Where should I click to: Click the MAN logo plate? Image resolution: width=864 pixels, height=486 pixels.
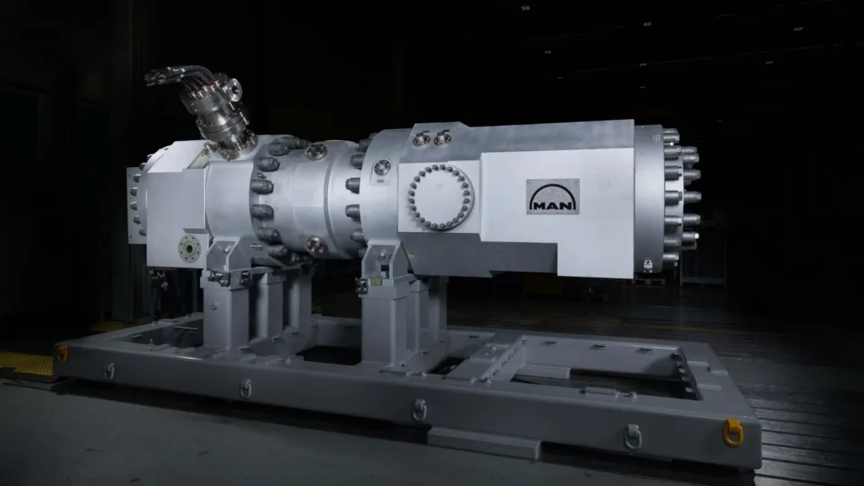point(553,197)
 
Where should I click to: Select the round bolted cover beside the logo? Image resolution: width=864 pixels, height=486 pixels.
point(440,197)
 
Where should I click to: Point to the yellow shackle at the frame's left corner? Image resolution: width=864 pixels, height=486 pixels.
point(62,354)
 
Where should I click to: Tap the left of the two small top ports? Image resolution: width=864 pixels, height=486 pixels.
point(422,139)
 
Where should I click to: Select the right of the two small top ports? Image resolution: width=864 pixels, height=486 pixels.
point(442,138)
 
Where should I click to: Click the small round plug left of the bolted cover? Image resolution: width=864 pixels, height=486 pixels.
point(381,166)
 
